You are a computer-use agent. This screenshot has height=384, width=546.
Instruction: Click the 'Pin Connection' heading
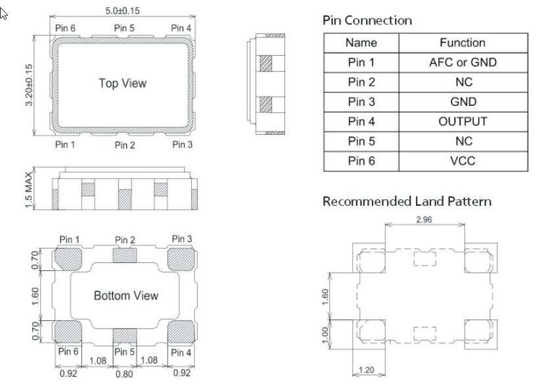(367, 20)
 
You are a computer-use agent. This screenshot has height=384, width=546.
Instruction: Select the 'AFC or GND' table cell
(462, 62)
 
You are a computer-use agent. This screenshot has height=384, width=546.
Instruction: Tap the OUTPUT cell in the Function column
(462, 122)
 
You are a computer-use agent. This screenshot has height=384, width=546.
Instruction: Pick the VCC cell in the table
(462, 161)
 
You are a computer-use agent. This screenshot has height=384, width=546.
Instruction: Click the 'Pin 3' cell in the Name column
(361, 102)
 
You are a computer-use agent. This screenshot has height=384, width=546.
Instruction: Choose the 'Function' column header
(462, 43)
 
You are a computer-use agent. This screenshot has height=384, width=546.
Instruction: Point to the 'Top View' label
(122, 84)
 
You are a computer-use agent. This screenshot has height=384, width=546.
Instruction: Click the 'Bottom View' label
(125, 295)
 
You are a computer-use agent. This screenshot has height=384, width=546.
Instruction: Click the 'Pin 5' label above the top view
(124, 28)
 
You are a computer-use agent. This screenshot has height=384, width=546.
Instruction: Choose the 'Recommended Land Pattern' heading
(407, 201)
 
